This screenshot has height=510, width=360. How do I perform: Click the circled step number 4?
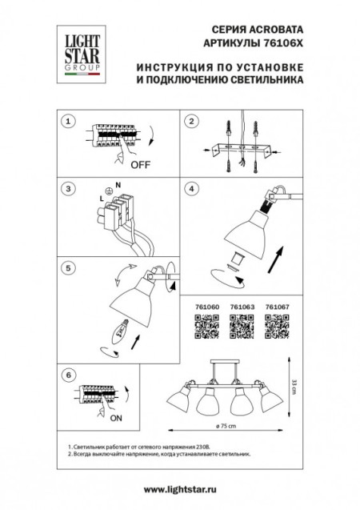point(191,189)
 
